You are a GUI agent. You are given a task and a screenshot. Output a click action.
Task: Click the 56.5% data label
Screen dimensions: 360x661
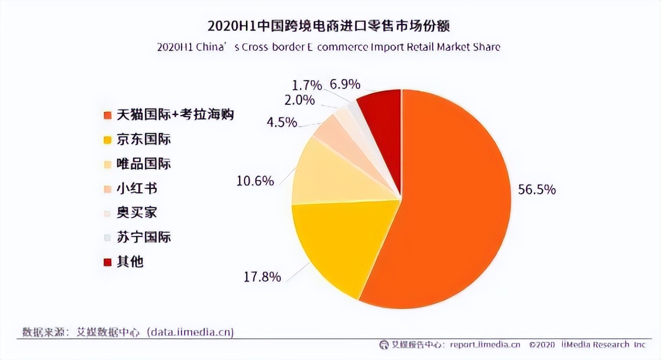pyautogui.click(x=536, y=190)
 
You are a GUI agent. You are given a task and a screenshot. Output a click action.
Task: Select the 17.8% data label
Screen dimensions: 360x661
pyautogui.click(x=262, y=277)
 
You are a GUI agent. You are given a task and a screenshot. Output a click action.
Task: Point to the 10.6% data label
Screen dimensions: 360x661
pyautogui.click(x=255, y=181)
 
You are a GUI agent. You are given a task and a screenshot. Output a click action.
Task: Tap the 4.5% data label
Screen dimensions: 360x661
pyautogui.click(x=281, y=123)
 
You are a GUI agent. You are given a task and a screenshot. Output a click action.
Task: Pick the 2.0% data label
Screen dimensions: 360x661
pyautogui.click(x=299, y=100)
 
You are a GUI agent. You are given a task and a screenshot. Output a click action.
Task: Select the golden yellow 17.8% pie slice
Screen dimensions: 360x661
pyautogui.click(x=336, y=244)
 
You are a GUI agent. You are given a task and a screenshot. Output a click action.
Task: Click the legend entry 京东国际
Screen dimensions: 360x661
pyautogui.click(x=144, y=139)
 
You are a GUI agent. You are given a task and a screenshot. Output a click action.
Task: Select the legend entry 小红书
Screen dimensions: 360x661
pyautogui.click(x=137, y=188)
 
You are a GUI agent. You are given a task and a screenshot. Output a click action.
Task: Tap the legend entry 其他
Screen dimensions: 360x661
pyautogui.click(x=130, y=262)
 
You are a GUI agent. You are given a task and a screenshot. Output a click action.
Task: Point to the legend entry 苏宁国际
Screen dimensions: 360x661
pyautogui.click(x=144, y=237)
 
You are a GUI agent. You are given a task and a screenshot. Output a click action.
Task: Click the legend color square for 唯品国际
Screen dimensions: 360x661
pyautogui.click(x=107, y=164)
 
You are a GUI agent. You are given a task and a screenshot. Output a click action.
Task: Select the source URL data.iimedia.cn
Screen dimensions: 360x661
pyautogui.click(x=190, y=332)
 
